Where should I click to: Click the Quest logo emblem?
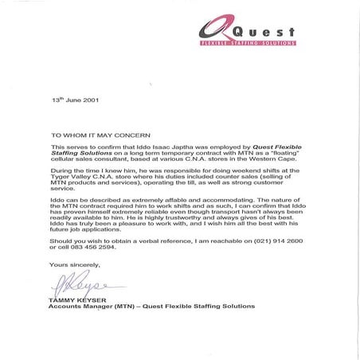(x=209, y=31)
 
